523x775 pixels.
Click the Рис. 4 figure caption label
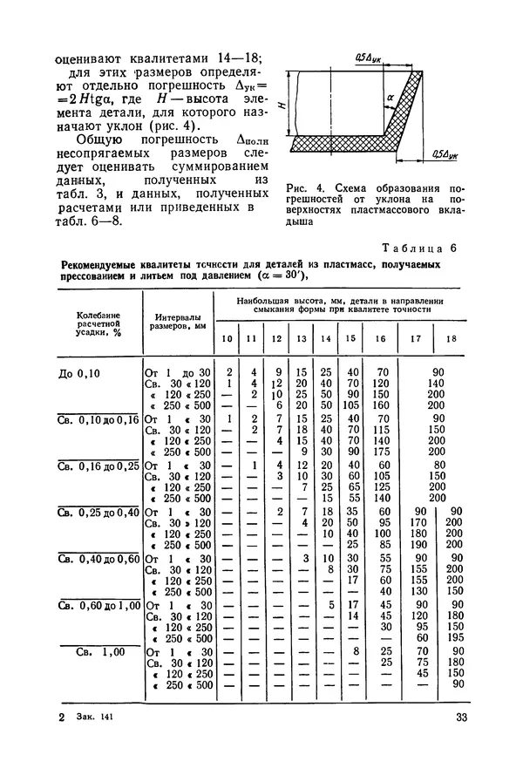302,187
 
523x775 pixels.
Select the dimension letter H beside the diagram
281,105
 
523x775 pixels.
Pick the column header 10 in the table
227,338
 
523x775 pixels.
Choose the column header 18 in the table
451,338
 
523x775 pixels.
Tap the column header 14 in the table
327,338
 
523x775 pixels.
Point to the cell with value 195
451,637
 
